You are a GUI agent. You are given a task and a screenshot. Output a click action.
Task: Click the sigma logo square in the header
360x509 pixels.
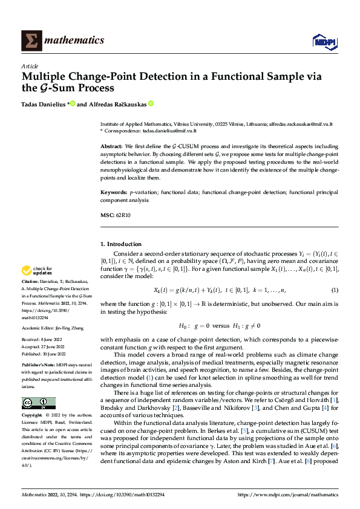pyautogui.click(x=29, y=41)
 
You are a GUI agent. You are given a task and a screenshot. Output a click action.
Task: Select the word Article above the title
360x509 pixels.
pyautogui.click(x=30, y=66)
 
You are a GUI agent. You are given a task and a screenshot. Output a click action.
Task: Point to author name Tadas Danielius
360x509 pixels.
pyautogui.click(x=44, y=103)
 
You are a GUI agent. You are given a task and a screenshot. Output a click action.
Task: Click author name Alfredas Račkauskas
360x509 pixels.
pyautogui.click(x=115, y=103)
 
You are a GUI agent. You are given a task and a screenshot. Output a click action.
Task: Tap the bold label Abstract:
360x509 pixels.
pyautogui.click(x=112, y=147)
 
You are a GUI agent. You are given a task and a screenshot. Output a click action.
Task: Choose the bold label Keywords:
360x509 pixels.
pyautogui.click(x=114, y=192)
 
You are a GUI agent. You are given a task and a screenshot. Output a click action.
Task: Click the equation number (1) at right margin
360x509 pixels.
pyautogui.click(x=335, y=290)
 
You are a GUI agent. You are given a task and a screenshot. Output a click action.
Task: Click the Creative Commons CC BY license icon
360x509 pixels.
pyautogui.click(x=38, y=404)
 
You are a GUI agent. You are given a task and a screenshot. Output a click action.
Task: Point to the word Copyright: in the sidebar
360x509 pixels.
pyautogui.click(x=32, y=416)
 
